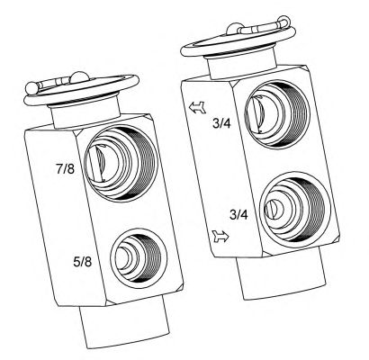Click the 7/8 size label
(x=65, y=169)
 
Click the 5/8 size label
(x=83, y=262)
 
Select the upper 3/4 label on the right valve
(x=221, y=123)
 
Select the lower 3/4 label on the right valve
(x=238, y=214)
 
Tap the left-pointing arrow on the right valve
(x=198, y=107)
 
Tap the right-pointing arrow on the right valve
(x=220, y=237)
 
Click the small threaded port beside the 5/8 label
(x=139, y=258)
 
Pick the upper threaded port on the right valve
(x=276, y=114)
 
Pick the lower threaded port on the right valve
(x=295, y=209)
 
